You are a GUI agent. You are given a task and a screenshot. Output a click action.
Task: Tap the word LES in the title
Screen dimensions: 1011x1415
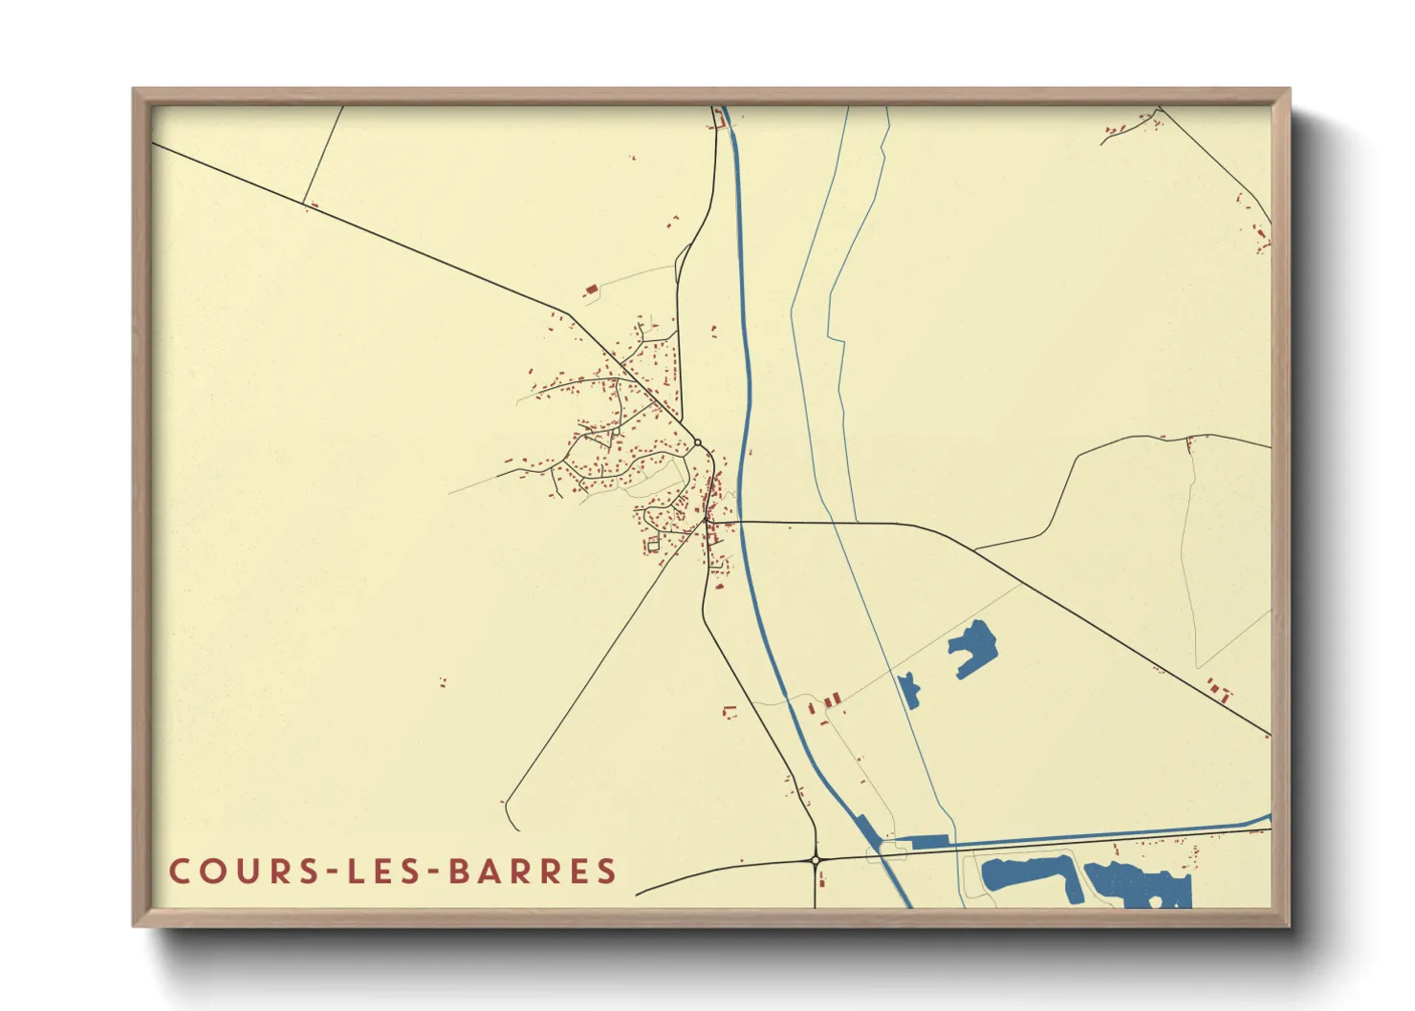pos(380,871)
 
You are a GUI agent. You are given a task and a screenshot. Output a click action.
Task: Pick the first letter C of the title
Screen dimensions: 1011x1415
pos(179,871)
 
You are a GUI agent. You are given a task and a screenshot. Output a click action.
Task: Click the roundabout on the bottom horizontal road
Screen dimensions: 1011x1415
pos(816,860)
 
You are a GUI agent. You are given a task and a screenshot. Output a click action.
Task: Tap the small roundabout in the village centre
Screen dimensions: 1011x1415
pos(698,441)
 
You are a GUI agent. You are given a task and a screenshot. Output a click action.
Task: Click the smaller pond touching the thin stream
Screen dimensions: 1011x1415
pos(909,689)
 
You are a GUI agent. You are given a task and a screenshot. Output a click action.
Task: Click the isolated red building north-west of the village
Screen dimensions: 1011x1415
pos(591,288)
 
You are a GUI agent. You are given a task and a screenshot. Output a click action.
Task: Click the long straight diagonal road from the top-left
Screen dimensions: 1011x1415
pos(363,230)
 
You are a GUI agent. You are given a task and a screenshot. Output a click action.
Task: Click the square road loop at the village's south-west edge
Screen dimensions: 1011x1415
pos(654,545)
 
